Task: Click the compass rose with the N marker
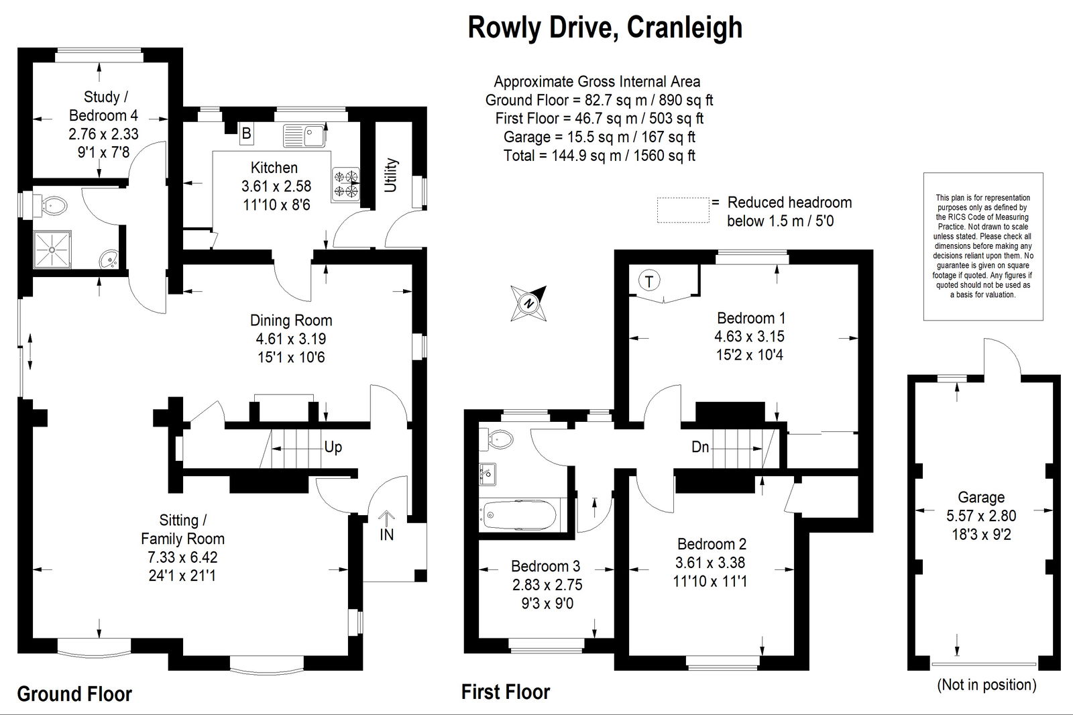point(528,303)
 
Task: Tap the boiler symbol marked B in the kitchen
point(246,133)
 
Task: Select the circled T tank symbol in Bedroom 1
point(649,280)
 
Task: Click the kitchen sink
point(304,135)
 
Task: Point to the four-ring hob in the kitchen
point(346,184)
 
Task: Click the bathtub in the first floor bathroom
point(520,514)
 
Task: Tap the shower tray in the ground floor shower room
point(52,250)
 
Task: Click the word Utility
point(391,175)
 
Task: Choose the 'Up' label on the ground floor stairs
point(333,447)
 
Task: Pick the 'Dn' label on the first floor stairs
point(700,447)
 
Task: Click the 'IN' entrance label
point(386,535)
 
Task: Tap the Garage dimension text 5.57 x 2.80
point(981,516)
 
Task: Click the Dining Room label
point(291,320)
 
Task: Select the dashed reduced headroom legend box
point(683,210)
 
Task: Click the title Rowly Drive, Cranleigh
point(605,27)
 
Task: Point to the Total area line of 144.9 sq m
point(600,155)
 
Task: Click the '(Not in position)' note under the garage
point(986,685)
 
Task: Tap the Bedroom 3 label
point(546,566)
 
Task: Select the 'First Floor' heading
point(506,692)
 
